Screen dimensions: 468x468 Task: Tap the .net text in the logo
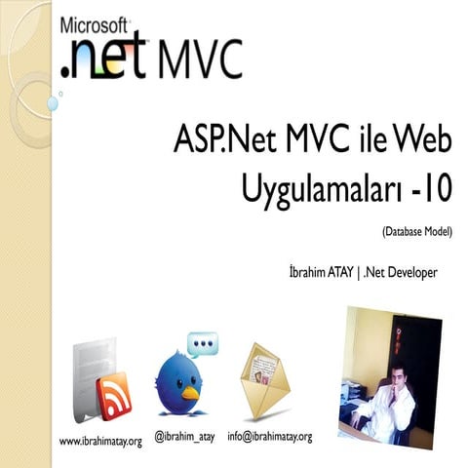101,60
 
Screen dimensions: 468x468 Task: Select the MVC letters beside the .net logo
195,60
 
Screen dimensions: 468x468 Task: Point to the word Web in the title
420,140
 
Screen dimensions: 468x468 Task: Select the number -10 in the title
431,185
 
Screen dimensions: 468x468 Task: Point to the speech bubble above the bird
203,344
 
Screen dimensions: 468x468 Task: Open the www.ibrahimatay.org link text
101,442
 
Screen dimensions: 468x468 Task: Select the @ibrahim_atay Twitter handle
184,436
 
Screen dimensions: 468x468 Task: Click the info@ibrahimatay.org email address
270,436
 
